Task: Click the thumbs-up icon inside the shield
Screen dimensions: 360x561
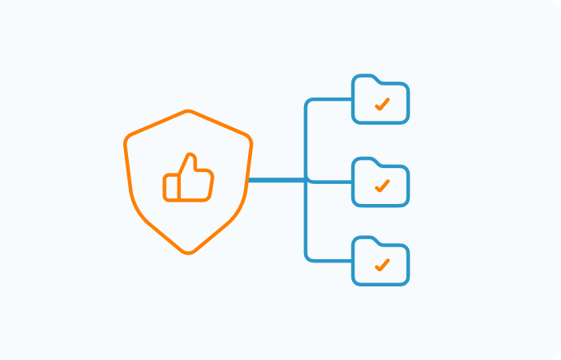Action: click(x=189, y=179)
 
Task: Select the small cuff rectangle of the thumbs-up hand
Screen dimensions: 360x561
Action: click(x=170, y=187)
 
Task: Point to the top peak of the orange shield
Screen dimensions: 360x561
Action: click(x=188, y=112)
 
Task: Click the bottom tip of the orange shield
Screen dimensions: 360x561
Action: click(x=188, y=252)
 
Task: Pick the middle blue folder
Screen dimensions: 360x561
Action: click(x=380, y=182)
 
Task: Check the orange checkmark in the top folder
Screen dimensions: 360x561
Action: click(x=382, y=104)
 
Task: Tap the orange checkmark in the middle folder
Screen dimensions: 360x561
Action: click(x=382, y=186)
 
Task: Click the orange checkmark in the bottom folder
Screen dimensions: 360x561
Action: click(x=382, y=264)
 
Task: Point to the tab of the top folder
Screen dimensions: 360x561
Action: click(x=365, y=78)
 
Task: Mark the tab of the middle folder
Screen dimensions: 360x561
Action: click(x=365, y=160)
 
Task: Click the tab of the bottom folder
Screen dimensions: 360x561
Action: click(x=365, y=239)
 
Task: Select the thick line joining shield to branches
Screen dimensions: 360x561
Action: click(x=276, y=180)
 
